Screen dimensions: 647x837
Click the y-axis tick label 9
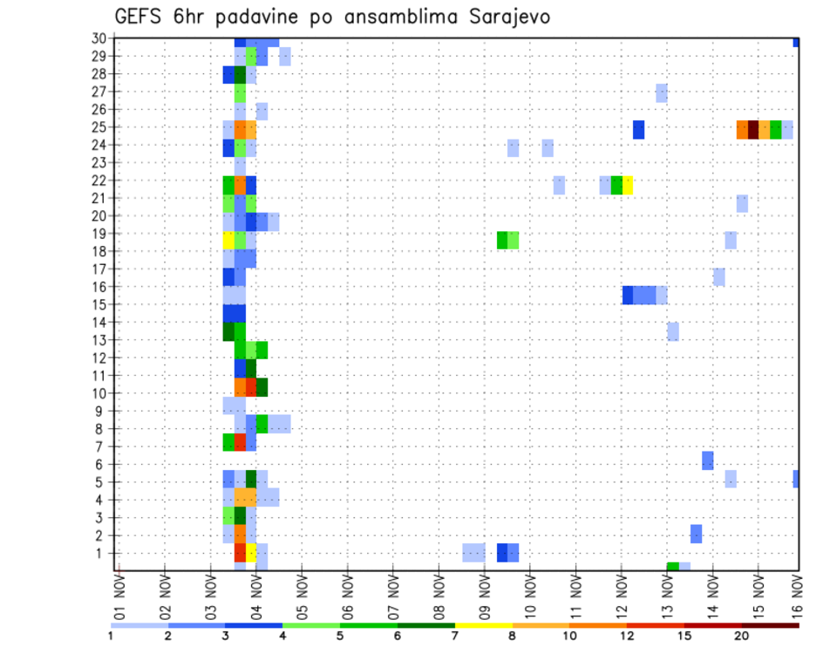[101, 411]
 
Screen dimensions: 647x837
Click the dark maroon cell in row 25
[753, 129]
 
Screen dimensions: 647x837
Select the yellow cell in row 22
[628, 185]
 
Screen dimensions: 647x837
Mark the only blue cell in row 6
[708, 460]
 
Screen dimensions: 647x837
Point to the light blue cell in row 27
[662, 92]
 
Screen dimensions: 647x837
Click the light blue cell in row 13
[673, 331]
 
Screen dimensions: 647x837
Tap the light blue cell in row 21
[742, 203]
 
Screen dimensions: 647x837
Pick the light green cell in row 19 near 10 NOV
[514, 240]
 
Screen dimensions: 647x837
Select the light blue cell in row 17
[719, 277]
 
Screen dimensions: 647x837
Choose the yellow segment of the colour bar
[484, 625]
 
